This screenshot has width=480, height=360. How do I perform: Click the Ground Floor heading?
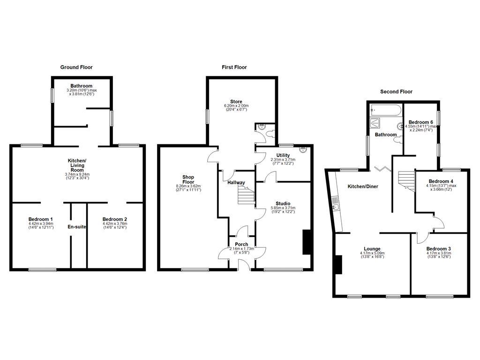pyautogui.click(x=76, y=67)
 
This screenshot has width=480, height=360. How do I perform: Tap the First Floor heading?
pyautogui.click(x=234, y=67)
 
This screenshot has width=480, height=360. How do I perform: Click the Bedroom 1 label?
pyautogui.click(x=40, y=219)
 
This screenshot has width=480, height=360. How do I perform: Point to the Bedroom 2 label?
pyautogui.click(x=114, y=219)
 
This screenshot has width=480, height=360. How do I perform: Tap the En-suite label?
pyautogui.click(x=76, y=227)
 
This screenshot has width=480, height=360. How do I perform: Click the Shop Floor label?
pyautogui.click(x=188, y=180)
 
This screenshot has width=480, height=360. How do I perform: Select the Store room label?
pyautogui.click(x=236, y=101)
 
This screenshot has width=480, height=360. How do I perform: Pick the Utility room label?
pyautogui.click(x=283, y=155)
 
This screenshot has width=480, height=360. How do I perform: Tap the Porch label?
pyautogui.click(x=241, y=244)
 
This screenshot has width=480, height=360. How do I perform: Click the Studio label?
pyautogui.click(x=283, y=203)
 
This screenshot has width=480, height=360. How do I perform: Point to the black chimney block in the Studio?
pyautogui.click(x=307, y=242)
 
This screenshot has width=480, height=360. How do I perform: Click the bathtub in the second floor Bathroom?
pyautogui.click(x=385, y=111)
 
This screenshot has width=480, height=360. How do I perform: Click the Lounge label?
pyautogui.click(x=372, y=248)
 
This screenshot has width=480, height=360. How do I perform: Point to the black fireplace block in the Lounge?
pyautogui.click(x=338, y=264)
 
